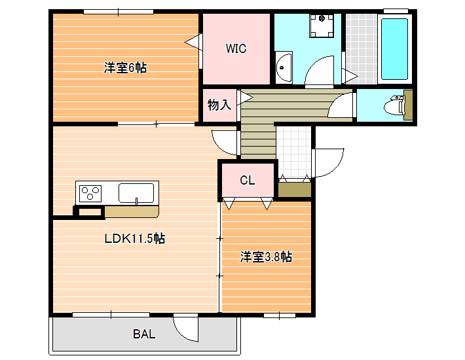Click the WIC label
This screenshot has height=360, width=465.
point(236,48)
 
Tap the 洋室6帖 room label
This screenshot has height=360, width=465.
point(125,68)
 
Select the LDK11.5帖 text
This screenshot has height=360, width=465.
point(135,238)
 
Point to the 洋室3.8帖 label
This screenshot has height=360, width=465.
point(266,257)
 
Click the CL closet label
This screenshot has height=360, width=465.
point(248,180)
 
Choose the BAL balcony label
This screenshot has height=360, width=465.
point(144,334)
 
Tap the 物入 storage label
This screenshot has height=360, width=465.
point(219,105)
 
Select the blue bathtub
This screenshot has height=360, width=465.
point(394,49)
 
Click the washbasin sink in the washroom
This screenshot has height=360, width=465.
point(284,68)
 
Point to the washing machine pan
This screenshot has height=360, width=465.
point(322,26)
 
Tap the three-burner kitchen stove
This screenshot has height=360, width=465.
point(90,194)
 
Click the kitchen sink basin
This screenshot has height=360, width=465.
point(136,193)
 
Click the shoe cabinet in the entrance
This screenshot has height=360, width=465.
point(295,190)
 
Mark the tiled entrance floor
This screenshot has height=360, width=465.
point(294,152)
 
